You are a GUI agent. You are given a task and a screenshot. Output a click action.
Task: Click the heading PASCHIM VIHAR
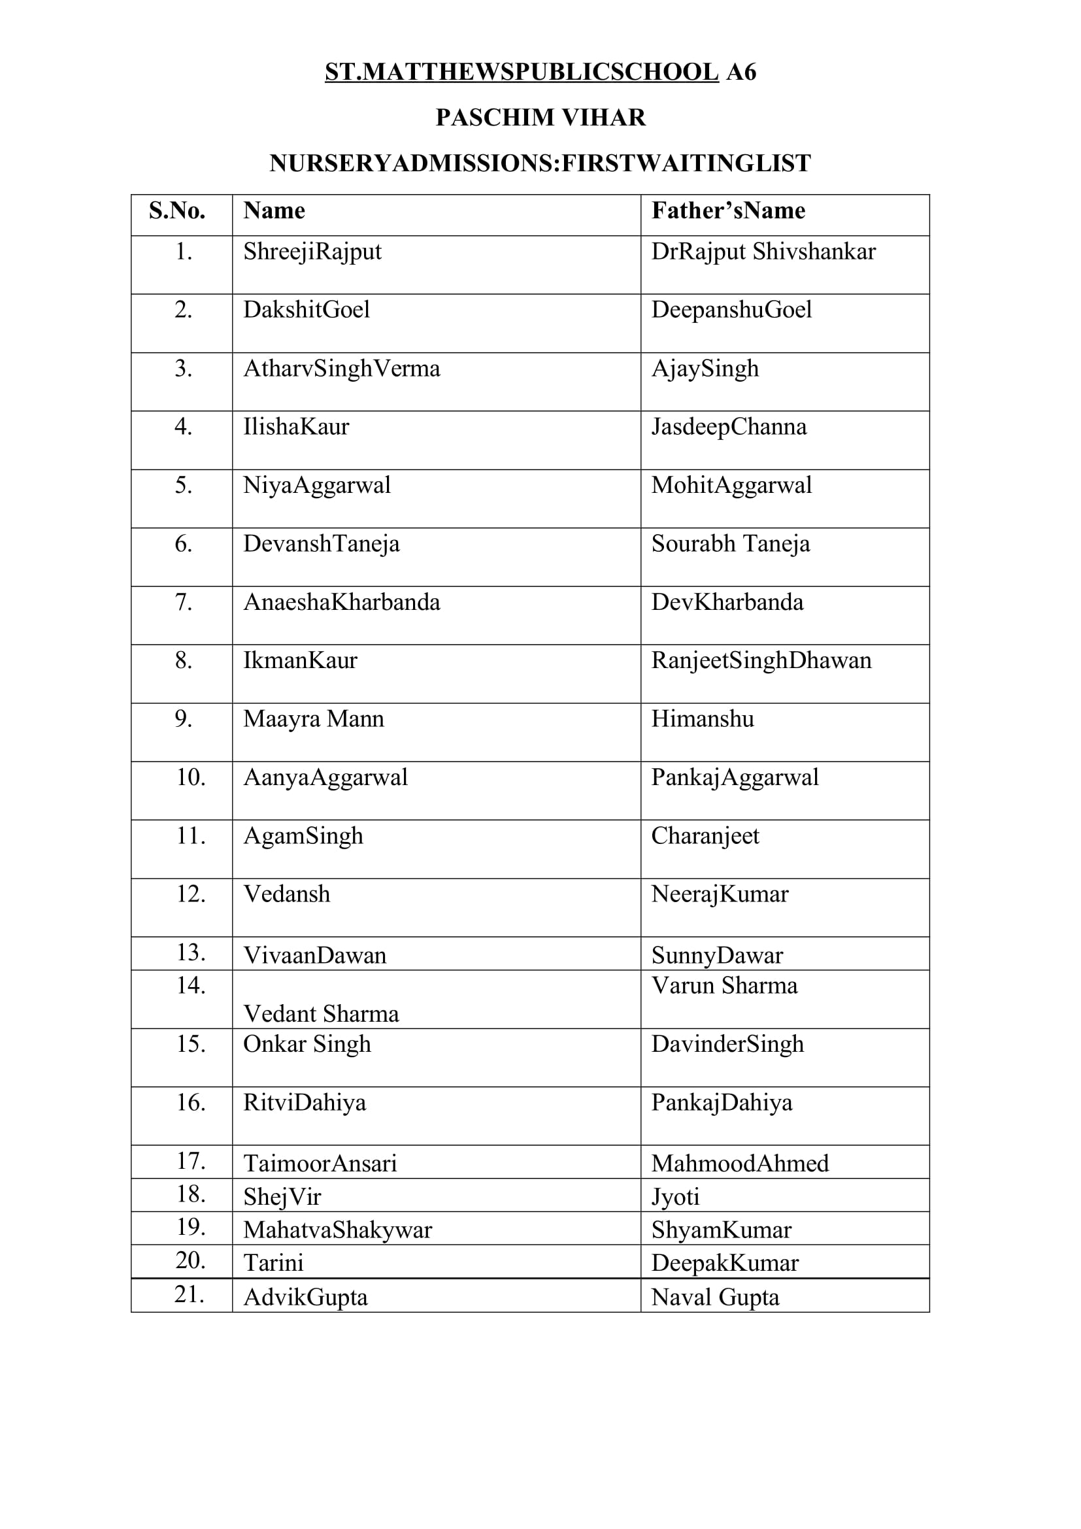click(x=540, y=117)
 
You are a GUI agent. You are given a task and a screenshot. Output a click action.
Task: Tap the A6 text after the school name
click(x=741, y=72)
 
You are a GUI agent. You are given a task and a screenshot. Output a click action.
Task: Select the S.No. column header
click(x=177, y=211)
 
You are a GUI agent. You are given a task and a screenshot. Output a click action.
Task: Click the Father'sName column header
click(x=728, y=211)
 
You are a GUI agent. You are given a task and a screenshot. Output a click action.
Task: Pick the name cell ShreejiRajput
click(x=312, y=252)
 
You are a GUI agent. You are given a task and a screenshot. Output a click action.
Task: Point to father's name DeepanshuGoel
click(x=731, y=310)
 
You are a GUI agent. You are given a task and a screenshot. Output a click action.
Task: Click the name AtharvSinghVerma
click(x=341, y=368)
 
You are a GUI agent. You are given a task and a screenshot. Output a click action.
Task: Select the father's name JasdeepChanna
click(x=728, y=427)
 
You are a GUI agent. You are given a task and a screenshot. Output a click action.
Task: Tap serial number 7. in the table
click(x=183, y=603)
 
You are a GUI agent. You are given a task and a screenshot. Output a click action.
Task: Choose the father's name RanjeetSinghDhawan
click(x=761, y=661)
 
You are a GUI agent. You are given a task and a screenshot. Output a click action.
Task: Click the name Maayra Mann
click(x=314, y=719)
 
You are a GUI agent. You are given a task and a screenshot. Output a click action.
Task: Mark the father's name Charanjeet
click(x=705, y=836)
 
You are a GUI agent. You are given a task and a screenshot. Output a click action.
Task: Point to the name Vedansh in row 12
click(x=286, y=894)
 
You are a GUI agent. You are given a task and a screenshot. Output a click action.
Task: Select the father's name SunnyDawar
click(x=717, y=956)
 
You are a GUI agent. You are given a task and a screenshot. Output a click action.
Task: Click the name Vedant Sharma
click(x=321, y=1015)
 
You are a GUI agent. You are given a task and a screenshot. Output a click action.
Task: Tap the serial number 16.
click(x=190, y=1103)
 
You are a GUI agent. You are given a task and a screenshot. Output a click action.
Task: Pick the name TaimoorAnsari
click(x=320, y=1164)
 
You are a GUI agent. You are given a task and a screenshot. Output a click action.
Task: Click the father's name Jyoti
click(x=675, y=1197)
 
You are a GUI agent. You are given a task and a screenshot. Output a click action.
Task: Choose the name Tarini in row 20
click(x=273, y=1263)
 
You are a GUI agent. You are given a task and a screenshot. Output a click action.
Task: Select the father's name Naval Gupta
click(x=714, y=1297)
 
